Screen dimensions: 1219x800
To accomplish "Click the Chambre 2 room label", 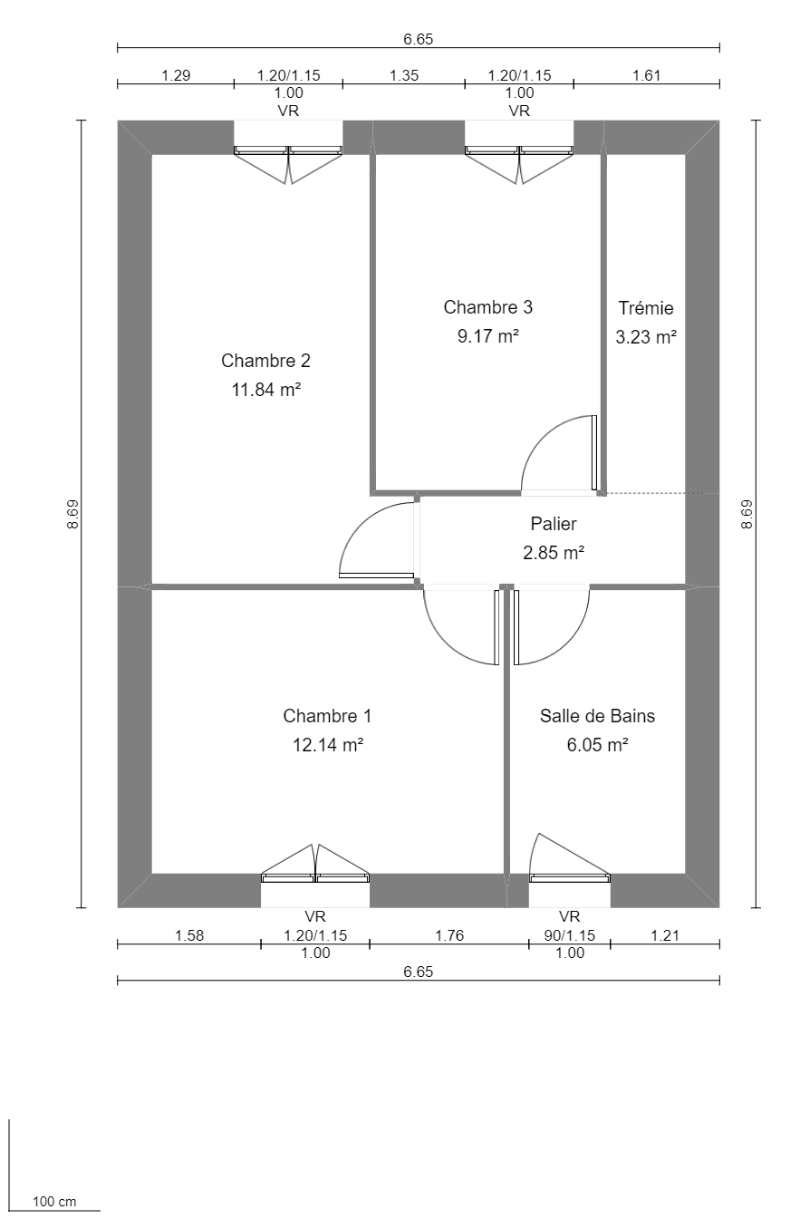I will (x=265, y=361).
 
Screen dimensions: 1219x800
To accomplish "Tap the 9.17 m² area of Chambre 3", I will (x=487, y=336).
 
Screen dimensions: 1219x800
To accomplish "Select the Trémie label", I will (x=645, y=308).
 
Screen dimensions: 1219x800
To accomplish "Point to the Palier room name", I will (x=553, y=523).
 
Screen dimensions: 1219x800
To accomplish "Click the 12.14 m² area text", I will (x=327, y=745).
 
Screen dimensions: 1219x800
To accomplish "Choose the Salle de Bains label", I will (x=597, y=716).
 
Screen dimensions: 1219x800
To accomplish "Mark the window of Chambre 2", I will (x=288, y=150).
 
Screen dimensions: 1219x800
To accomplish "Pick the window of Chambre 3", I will (x=519, y=150).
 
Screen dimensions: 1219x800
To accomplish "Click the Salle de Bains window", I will (x=569, y=876).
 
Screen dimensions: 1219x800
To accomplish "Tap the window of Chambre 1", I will (x=315, y=876).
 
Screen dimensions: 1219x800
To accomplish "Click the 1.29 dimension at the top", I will (x=176, y=76).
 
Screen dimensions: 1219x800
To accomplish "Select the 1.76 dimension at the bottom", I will (x=449, y=935).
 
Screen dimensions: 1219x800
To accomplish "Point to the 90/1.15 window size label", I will (x=569, y=935).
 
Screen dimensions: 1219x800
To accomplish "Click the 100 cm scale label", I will (x=54, y=1202).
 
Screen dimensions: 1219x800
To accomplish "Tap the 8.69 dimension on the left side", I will (x=72, y=514).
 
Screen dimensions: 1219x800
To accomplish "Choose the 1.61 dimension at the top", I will (x=646, y=76).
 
